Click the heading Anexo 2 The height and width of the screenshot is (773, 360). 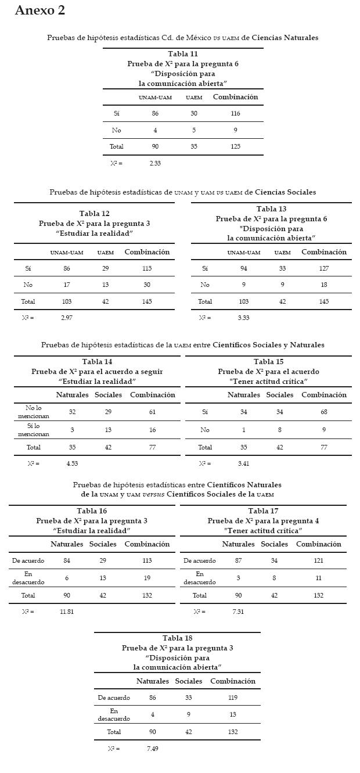coord(39,10)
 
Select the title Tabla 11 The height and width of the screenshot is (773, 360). coord(183,54)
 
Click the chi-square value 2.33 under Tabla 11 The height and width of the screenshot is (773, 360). coord(155,164)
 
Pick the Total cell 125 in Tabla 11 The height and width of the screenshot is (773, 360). coord(235,147)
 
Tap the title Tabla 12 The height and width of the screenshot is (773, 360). coord(94,214)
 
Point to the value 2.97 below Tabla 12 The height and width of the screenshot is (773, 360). coord(67,318)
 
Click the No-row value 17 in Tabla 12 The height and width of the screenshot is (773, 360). coord(67,285)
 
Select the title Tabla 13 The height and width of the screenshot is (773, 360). coord(271,209)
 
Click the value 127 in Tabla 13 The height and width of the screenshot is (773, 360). coord(324,269)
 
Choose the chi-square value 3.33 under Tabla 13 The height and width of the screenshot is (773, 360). coord(243,318)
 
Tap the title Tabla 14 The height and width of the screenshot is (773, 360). coord(97,362)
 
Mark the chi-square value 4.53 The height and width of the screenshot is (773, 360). coord(72,464)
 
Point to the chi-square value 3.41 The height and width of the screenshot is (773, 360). coord(244,464)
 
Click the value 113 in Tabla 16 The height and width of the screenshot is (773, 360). coord(147,561)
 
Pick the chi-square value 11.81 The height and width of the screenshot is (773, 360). coord(67,612)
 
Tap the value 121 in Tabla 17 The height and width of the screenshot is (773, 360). coord(318,561)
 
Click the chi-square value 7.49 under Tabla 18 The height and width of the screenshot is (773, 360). coord(152,749)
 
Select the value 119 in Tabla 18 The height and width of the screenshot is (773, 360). coord(233,698)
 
